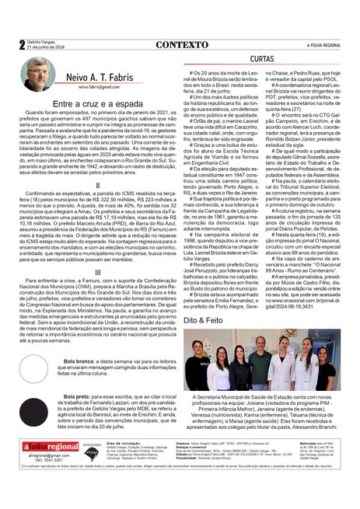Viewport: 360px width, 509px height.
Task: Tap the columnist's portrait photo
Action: (38, 76)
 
